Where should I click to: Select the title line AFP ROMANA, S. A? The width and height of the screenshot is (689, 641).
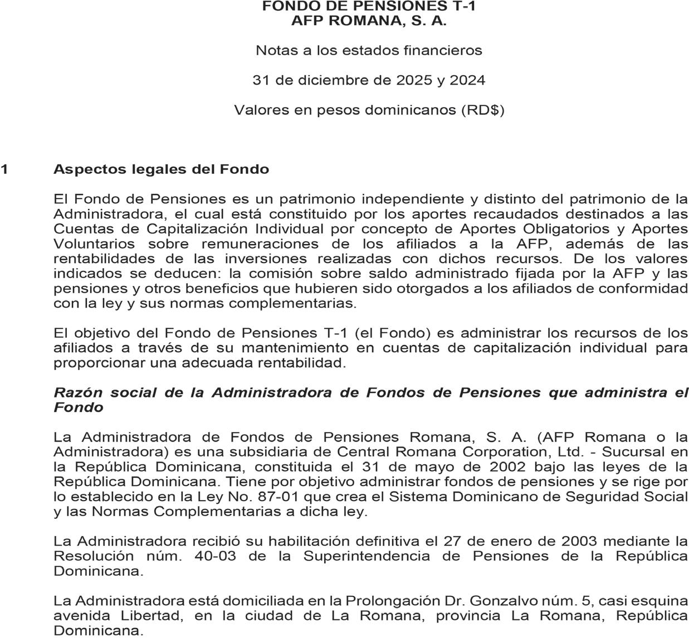[369, 21]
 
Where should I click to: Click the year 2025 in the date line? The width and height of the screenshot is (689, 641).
[414, 80]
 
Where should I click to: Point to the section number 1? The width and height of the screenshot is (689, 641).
[4, 169]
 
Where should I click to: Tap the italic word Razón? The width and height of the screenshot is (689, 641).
[78, 392]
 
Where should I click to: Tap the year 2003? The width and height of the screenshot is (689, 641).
[580, 541]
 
